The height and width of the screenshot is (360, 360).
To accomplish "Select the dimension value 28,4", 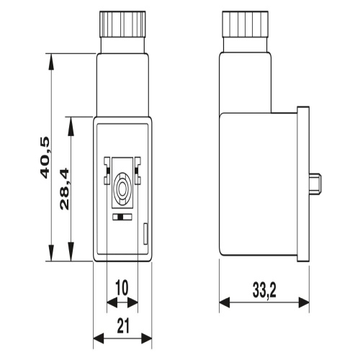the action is (64, 189).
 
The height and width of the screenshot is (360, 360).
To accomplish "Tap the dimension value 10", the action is (122, 287).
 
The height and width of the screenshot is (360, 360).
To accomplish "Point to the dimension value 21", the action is (123, 325).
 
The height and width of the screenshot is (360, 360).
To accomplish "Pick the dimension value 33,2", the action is (264, 290).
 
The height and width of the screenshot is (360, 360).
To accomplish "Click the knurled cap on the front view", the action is (122, 24).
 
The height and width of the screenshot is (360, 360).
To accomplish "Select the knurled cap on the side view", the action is (245, 24).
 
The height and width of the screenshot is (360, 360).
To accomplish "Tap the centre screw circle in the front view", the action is (122, 187).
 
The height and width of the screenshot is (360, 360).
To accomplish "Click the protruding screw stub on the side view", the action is (315, 184).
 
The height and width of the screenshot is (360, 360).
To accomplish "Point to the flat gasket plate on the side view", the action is (303, 184).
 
